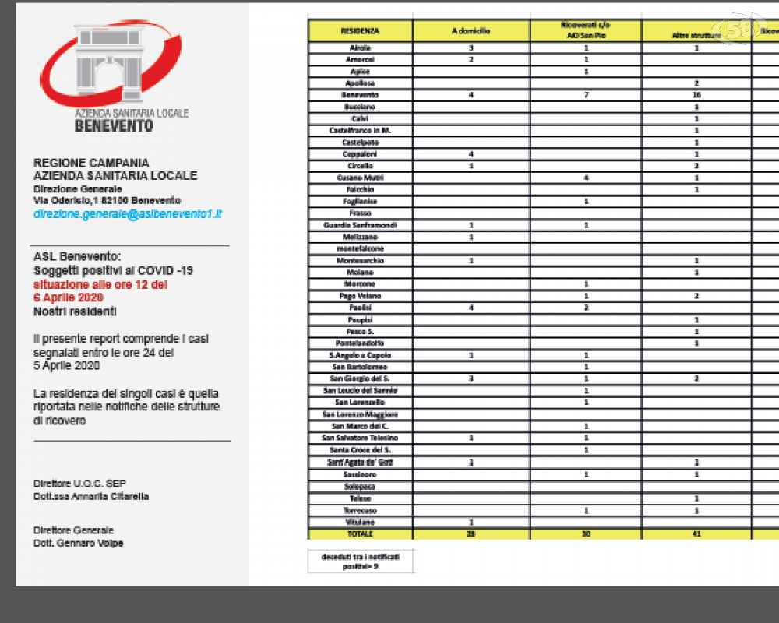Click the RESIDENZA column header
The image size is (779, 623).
pos(360,31)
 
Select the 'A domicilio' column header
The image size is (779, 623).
pos(471,31)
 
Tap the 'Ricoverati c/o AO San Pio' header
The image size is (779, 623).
pos(585,31)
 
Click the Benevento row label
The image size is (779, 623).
pos(360,95)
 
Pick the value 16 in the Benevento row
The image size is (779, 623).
pos(696,95)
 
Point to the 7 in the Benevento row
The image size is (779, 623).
pos(585,95)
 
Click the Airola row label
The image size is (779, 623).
pos(360,48)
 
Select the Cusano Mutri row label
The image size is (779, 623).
pos(360,178)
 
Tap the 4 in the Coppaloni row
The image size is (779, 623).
pos(471,154)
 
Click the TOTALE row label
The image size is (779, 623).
pos(360,534)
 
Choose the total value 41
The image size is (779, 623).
pos(696,534)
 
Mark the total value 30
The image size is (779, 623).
pos(585,534)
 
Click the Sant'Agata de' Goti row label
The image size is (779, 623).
pos(360,463)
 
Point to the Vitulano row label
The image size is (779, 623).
pos(360,522)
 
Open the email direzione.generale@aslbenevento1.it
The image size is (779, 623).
pos(128,213)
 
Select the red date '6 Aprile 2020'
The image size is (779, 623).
pos(69,297)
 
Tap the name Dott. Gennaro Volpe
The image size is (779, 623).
pos(78,543)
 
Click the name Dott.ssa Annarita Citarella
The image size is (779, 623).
pos(91,496)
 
